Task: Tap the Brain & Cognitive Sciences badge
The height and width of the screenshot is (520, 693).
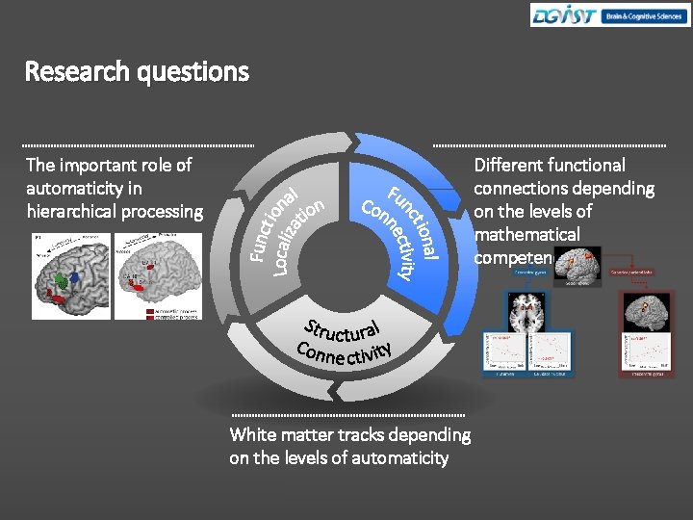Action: [x=643, y=15]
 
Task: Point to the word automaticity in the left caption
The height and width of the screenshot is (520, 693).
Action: [x=84, y=188]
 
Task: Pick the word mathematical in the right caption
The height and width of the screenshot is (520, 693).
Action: [x=526, y=234]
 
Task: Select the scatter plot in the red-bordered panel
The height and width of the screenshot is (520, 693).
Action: [x=636, y=357]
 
